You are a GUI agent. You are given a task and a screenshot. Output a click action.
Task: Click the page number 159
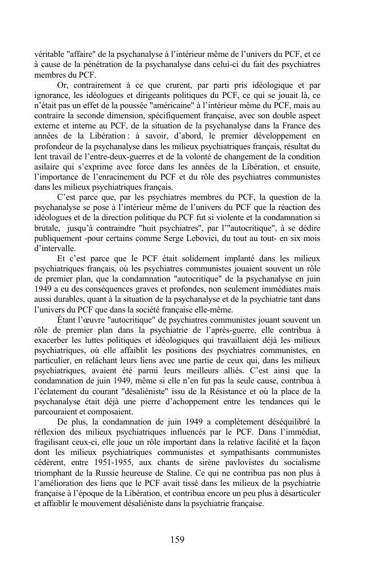click(x=177, y=539)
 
